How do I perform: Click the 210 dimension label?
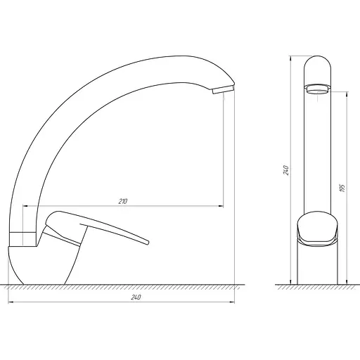click(x=122, y=201)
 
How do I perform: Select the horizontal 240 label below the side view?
click(x=136, y=297)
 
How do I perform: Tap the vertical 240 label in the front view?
click(x=286, y=170)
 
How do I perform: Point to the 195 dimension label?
click(x=342, y=188)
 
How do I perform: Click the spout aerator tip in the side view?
click(x=223, y=89)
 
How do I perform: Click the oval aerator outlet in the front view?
click(x=317, y=89)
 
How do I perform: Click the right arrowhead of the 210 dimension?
click(x=221, y=206)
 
